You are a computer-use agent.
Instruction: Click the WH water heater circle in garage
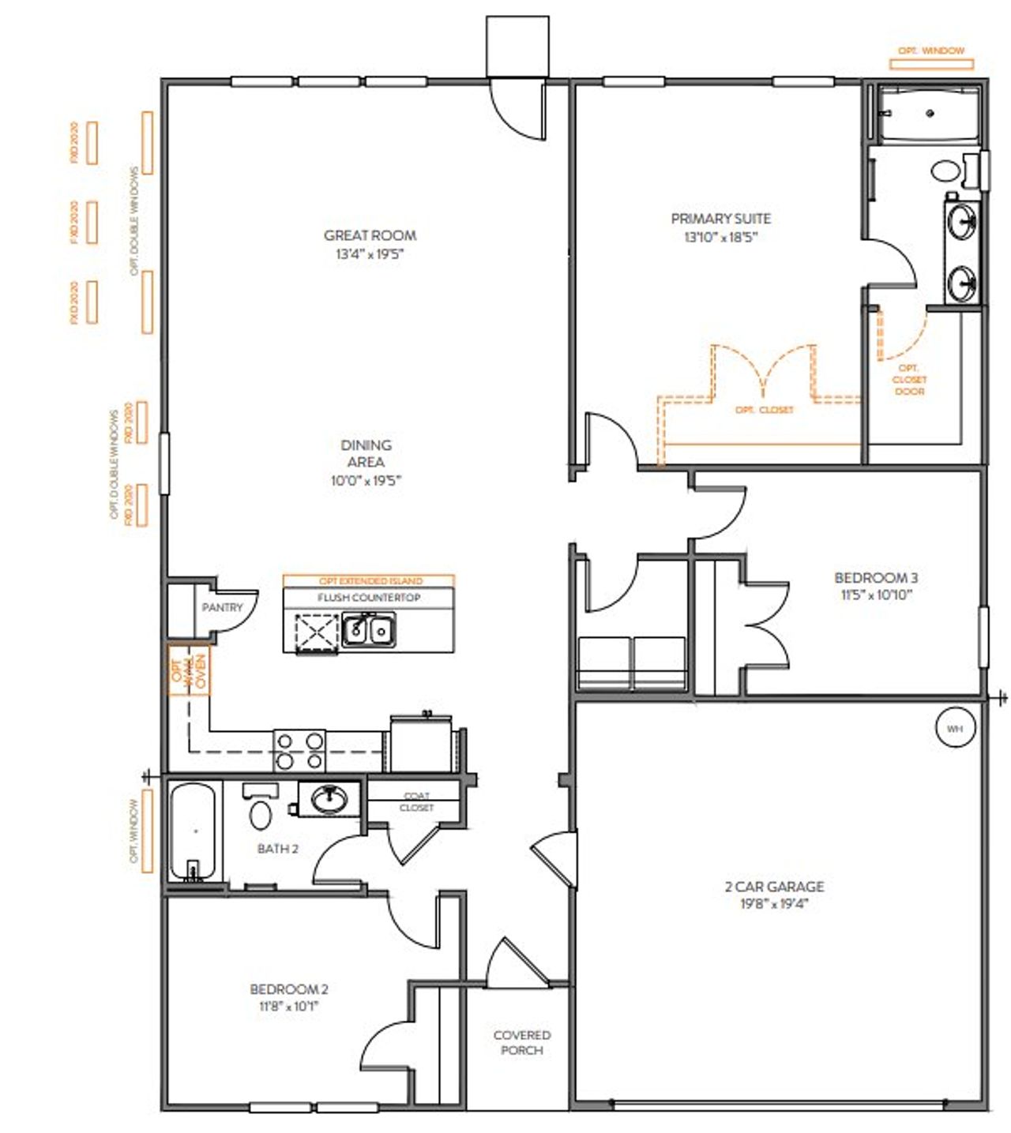point(954,729)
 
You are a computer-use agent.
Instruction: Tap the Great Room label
point(370,235)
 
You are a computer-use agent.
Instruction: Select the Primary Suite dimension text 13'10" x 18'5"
point(720,237)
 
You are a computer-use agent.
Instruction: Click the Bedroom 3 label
point(876,578)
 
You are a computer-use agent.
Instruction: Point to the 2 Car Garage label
point(774,887)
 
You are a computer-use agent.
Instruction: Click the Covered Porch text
point(521,1042)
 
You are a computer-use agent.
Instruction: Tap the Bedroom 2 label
point(289,989)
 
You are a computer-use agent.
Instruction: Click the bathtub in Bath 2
point(192,831)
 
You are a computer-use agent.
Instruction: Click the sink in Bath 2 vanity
point(328,800)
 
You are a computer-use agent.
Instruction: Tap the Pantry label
point(222,607)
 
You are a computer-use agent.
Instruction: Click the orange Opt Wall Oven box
point(189,671)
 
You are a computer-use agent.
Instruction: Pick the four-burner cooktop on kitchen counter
point(299,750)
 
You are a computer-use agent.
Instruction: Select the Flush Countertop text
point(369,598)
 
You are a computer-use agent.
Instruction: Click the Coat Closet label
point(416,802)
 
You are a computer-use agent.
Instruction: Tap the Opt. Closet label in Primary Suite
point(764,410)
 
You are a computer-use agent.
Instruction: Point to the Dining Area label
point(366,453)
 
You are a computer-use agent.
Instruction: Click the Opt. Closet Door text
point(909,380)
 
